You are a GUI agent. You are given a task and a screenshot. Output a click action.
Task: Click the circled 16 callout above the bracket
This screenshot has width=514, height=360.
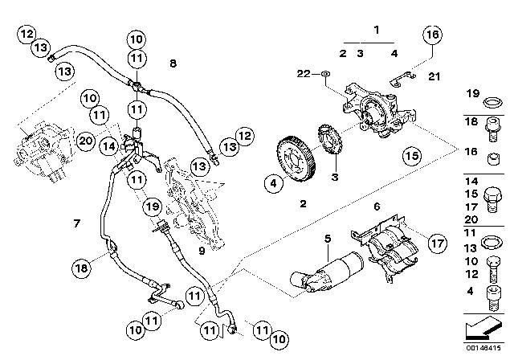(432, 35)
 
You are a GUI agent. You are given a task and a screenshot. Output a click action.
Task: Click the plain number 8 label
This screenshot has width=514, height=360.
(173, 61)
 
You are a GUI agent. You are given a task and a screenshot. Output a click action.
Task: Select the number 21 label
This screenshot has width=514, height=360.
(434, 76)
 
